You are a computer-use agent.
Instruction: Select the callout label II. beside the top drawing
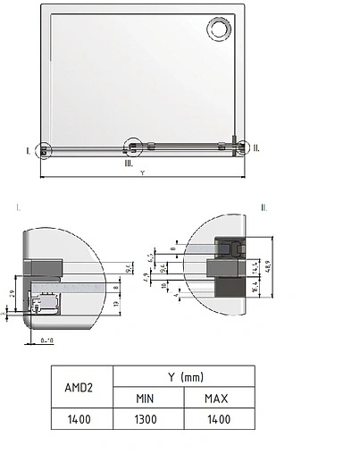pos(256,148)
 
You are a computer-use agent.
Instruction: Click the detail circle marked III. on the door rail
pos(133,146)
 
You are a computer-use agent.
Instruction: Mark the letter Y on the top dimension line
pos(143,173)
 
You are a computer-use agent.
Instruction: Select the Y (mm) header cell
pos(183,377)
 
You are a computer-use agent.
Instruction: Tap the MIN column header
pos(147,398)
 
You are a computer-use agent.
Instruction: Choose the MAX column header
pos(220,398)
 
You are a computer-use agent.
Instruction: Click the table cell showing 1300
pos(147,418)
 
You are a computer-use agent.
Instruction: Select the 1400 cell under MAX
pos(220,418)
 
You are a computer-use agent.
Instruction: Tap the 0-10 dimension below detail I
pos(48,340)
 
